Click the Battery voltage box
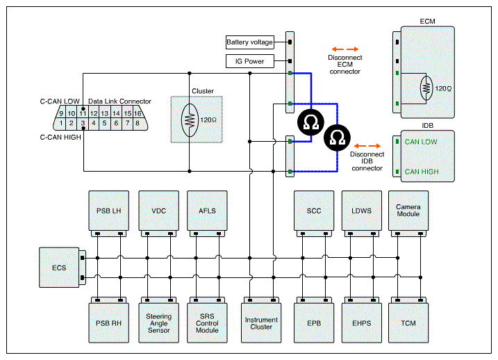tap(249, 42)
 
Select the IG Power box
tap(249, 61)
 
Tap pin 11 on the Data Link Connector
tap(83, 113)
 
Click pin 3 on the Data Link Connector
tap(83, 124)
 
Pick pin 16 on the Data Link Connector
tap(138, 113)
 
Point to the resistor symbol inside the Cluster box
tap(190, 120)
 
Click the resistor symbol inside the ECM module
tap(426, 88)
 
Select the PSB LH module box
tap(108, 211)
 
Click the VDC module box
tap(158, 211)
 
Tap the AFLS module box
tap(207, 211)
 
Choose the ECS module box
tap(59, 268)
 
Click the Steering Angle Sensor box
tap(158, 323)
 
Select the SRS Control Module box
tap(207, 323)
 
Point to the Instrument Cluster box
tap(261, 323)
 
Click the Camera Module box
tap(408, 211)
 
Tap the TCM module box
tap(408, 323)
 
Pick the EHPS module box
tap(362, 323)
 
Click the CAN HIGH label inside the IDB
tap(422, 172)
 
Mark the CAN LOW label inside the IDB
tap(421, 142)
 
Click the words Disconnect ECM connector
tap(345, 65)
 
